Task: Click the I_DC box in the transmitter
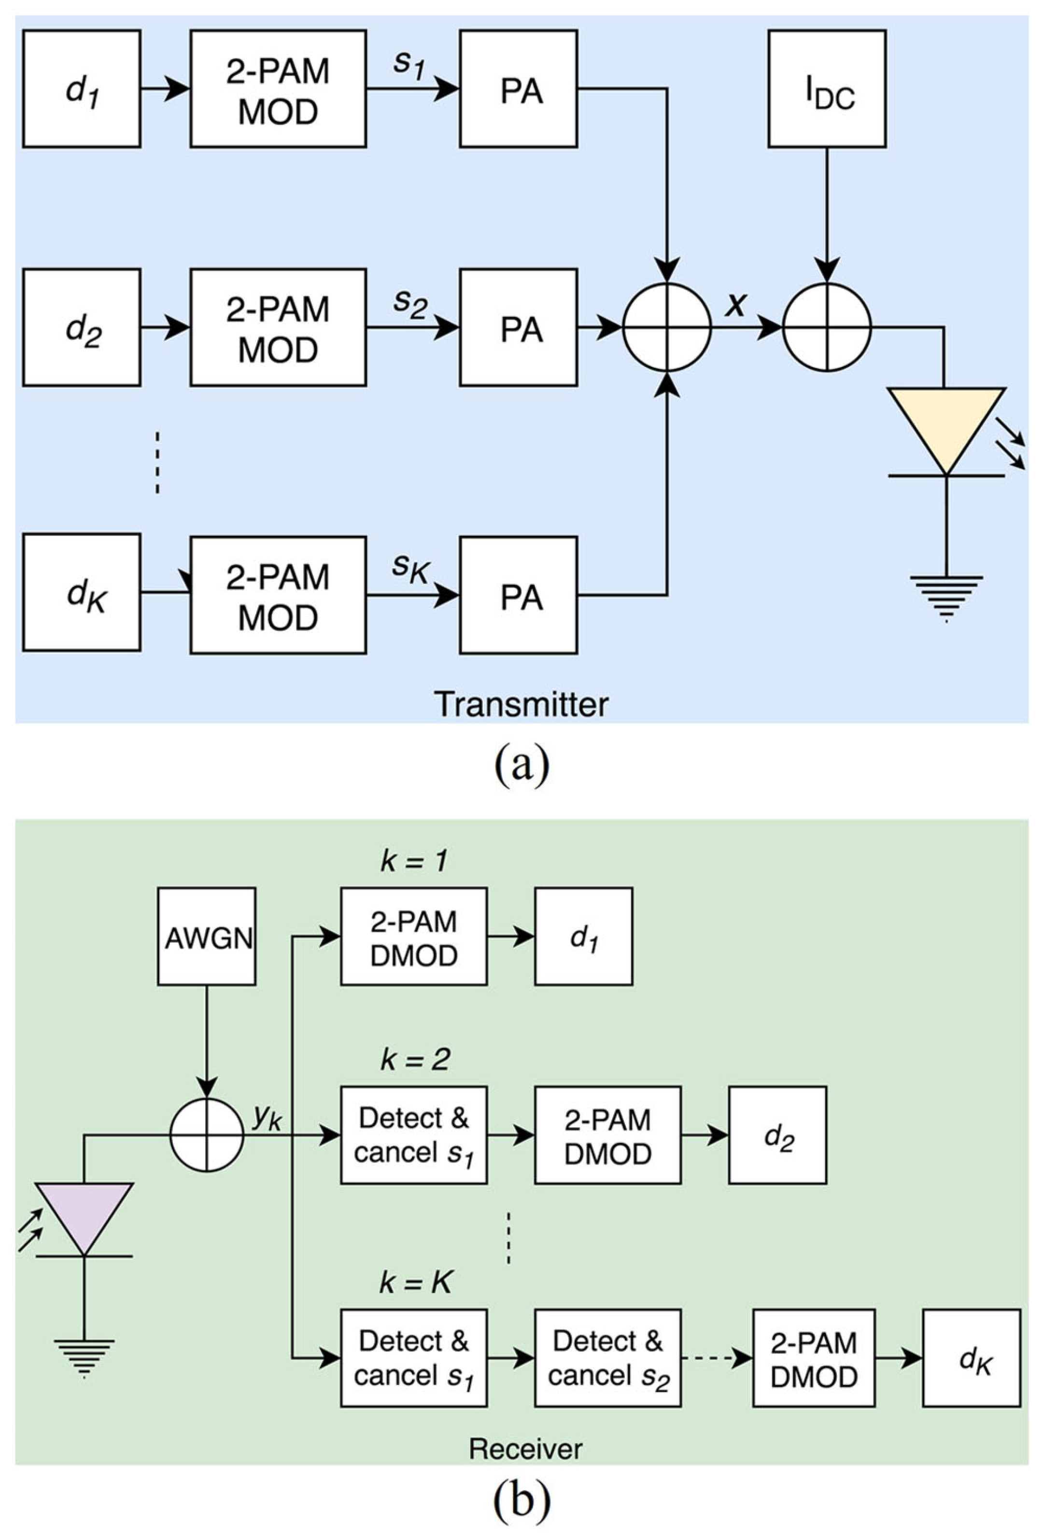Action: point(827,89)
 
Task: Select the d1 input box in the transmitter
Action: point(81,89)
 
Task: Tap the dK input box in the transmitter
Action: point(81,593)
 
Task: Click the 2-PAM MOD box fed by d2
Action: point(278,327)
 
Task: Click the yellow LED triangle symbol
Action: point(946,423)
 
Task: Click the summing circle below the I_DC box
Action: point(827,327)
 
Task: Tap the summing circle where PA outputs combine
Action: point(667,327)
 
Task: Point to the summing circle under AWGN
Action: point(207,1135)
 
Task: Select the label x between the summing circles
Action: point(735,304)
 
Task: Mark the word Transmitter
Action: point(521,705)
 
